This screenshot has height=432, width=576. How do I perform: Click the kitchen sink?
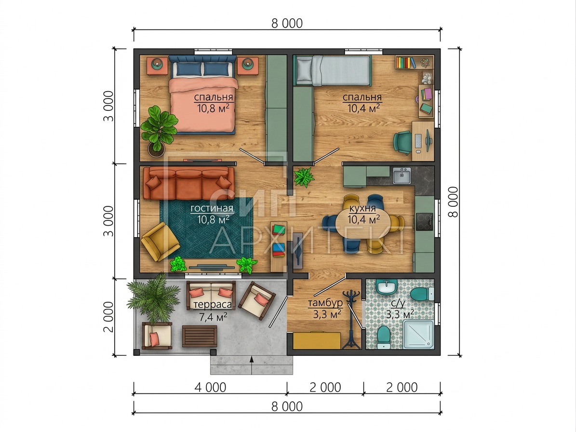[x=402, y=175]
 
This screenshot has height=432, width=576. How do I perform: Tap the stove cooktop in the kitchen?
[x=424, y=221]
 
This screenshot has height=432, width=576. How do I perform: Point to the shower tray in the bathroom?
[x=418, y=334]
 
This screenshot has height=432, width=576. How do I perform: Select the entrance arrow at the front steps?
[x=252, y=365]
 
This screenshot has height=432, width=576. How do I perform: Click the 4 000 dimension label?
[x=210, y=388]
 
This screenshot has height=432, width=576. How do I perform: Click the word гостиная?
[x=212, y=209]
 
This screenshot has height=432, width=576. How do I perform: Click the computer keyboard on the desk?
[x=418, y=141]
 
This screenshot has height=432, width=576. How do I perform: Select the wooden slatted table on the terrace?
[x=200, y=336]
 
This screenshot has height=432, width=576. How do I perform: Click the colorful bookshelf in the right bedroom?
[x=406, y=62]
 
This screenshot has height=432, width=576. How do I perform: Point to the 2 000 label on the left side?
[x=108, y=317]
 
